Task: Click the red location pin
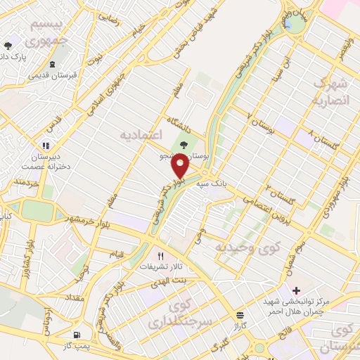(181, 165)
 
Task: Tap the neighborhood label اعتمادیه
(141, 134)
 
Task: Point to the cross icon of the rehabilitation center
(296, 290)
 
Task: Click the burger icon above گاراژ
(240, 315)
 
